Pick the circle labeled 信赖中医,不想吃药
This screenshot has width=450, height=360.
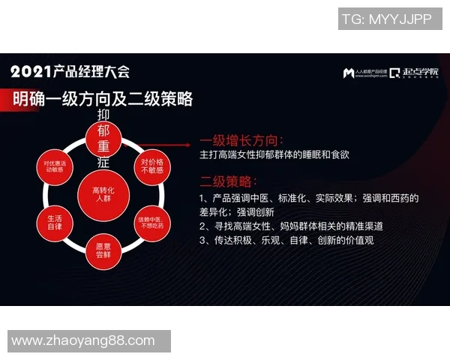point(151,222)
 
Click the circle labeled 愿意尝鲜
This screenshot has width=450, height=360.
point(103,250)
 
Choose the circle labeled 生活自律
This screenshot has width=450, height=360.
point(55,222)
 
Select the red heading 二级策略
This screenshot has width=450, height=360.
point(229,181)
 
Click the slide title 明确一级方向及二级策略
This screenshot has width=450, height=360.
point(103,98)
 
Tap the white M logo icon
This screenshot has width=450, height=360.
point(348,73)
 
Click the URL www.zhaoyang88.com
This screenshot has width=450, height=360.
point(83,340)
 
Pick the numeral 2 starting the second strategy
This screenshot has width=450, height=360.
point(202,226)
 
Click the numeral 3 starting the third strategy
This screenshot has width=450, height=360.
point(202,240)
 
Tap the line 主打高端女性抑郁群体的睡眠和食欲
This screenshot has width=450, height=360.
point(274,155)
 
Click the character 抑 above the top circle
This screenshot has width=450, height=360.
point(103,115)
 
